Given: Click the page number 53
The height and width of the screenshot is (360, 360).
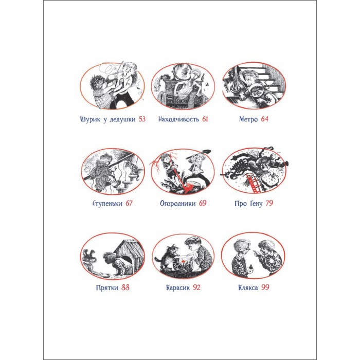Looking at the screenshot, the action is tap(142, 119).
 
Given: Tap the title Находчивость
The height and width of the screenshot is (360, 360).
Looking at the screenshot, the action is tap(178, 119).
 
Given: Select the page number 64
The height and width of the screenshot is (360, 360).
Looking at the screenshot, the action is tap(264, 119).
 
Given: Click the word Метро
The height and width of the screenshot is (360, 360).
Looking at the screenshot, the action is tap(248, 119).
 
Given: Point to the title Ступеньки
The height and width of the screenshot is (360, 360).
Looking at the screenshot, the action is tap(107, 204).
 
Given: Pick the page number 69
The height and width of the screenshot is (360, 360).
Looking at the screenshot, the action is tap(203, 203).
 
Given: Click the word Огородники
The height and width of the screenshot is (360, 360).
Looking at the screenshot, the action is tap(178, 204).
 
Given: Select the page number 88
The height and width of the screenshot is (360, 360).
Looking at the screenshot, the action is tap(125, 287).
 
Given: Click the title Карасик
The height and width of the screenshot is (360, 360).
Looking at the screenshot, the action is tap(178, 287).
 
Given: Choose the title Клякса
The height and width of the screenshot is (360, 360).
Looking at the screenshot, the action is tap(248, 287).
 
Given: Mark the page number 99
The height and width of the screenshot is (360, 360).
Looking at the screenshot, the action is tap(265, 287).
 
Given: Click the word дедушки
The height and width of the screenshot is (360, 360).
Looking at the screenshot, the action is tap(122, 119).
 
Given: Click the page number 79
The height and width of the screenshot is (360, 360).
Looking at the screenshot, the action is tap(269, 203).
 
